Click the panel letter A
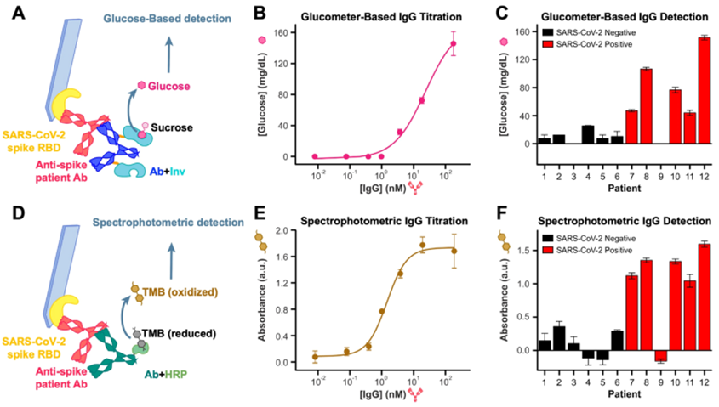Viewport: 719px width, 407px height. [x=15, y=14]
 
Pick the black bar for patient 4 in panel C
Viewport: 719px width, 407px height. [x=587, y=134]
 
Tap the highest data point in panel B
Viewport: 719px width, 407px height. [x=454, y=43]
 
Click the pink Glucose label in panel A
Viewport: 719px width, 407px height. [x=167, y=85]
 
